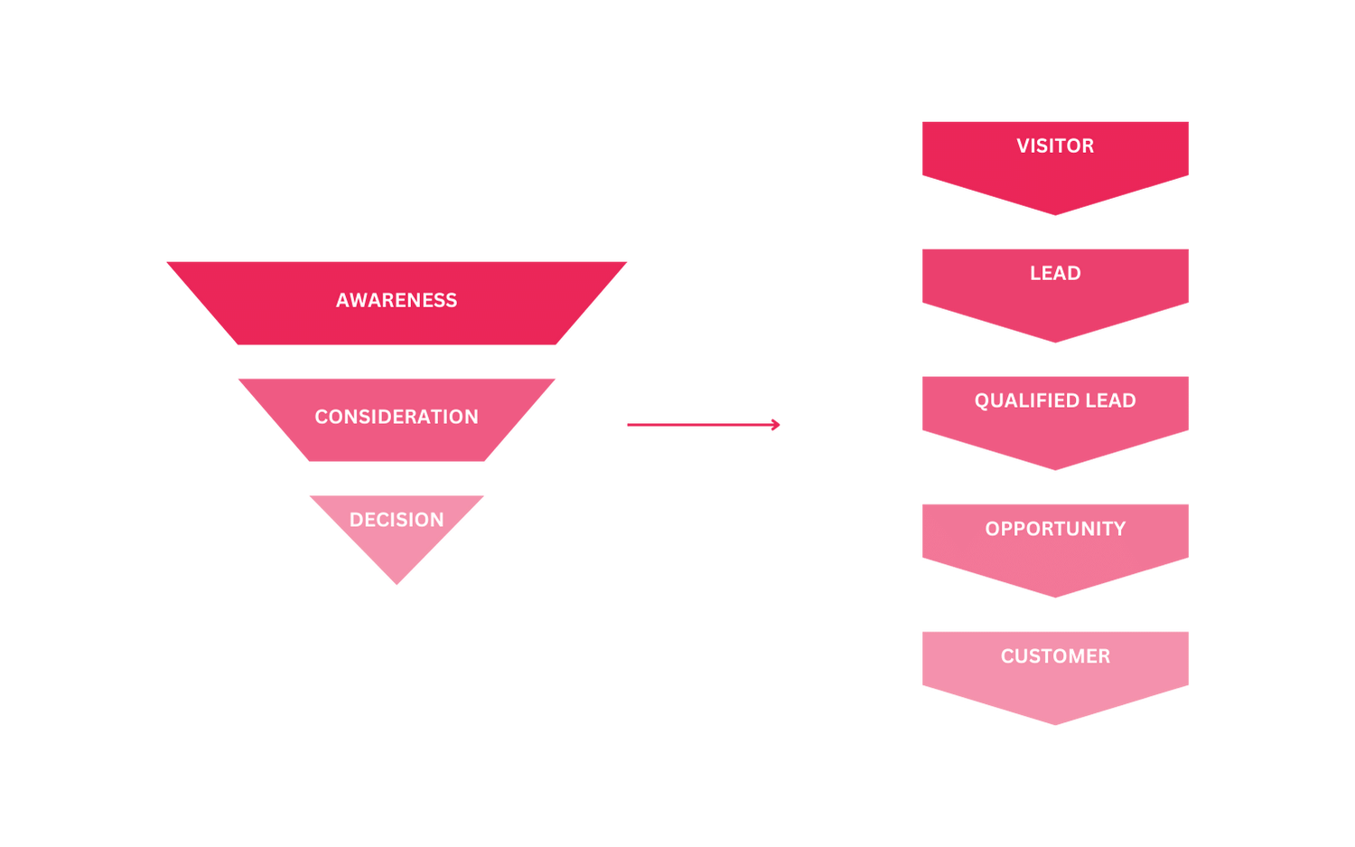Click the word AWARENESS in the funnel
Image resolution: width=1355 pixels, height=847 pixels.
[x=397, y=300]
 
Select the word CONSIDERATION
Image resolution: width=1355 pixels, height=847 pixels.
[x=397, y=417]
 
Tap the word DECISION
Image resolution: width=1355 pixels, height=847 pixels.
[x=397, y=520]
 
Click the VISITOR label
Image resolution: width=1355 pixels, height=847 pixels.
[x=1055, y=146]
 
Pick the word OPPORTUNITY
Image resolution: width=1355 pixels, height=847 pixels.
[x=1055, y=529]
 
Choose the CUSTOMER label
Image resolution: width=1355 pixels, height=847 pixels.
[x=1055, y=656]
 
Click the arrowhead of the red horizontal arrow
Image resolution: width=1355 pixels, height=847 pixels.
[x=777, y=424]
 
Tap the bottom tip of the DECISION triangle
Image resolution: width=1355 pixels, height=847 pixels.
[x=397, y=585]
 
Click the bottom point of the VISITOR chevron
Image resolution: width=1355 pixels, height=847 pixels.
[x=1055, y=216]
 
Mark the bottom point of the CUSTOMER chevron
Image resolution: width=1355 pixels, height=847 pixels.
[x=1055, y=726]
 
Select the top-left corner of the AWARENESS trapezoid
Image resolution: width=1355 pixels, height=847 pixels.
[x=169, y=262]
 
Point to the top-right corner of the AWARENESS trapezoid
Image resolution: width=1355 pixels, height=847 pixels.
[x=627, y=262]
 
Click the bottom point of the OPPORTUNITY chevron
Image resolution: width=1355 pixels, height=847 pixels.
[x=1055, y=598]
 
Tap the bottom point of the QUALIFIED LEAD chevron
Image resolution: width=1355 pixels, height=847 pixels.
[x=1055, y=471]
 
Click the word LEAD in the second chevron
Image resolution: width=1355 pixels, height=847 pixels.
[x=1055, y=273]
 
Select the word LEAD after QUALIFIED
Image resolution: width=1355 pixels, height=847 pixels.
[x=1110, y=400]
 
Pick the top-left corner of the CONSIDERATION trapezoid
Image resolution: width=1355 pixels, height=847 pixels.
[x=239, y=378]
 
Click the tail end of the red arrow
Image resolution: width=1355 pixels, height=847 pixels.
[x=627, y=424]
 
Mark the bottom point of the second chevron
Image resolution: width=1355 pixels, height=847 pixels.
[x=1055, y=344]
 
